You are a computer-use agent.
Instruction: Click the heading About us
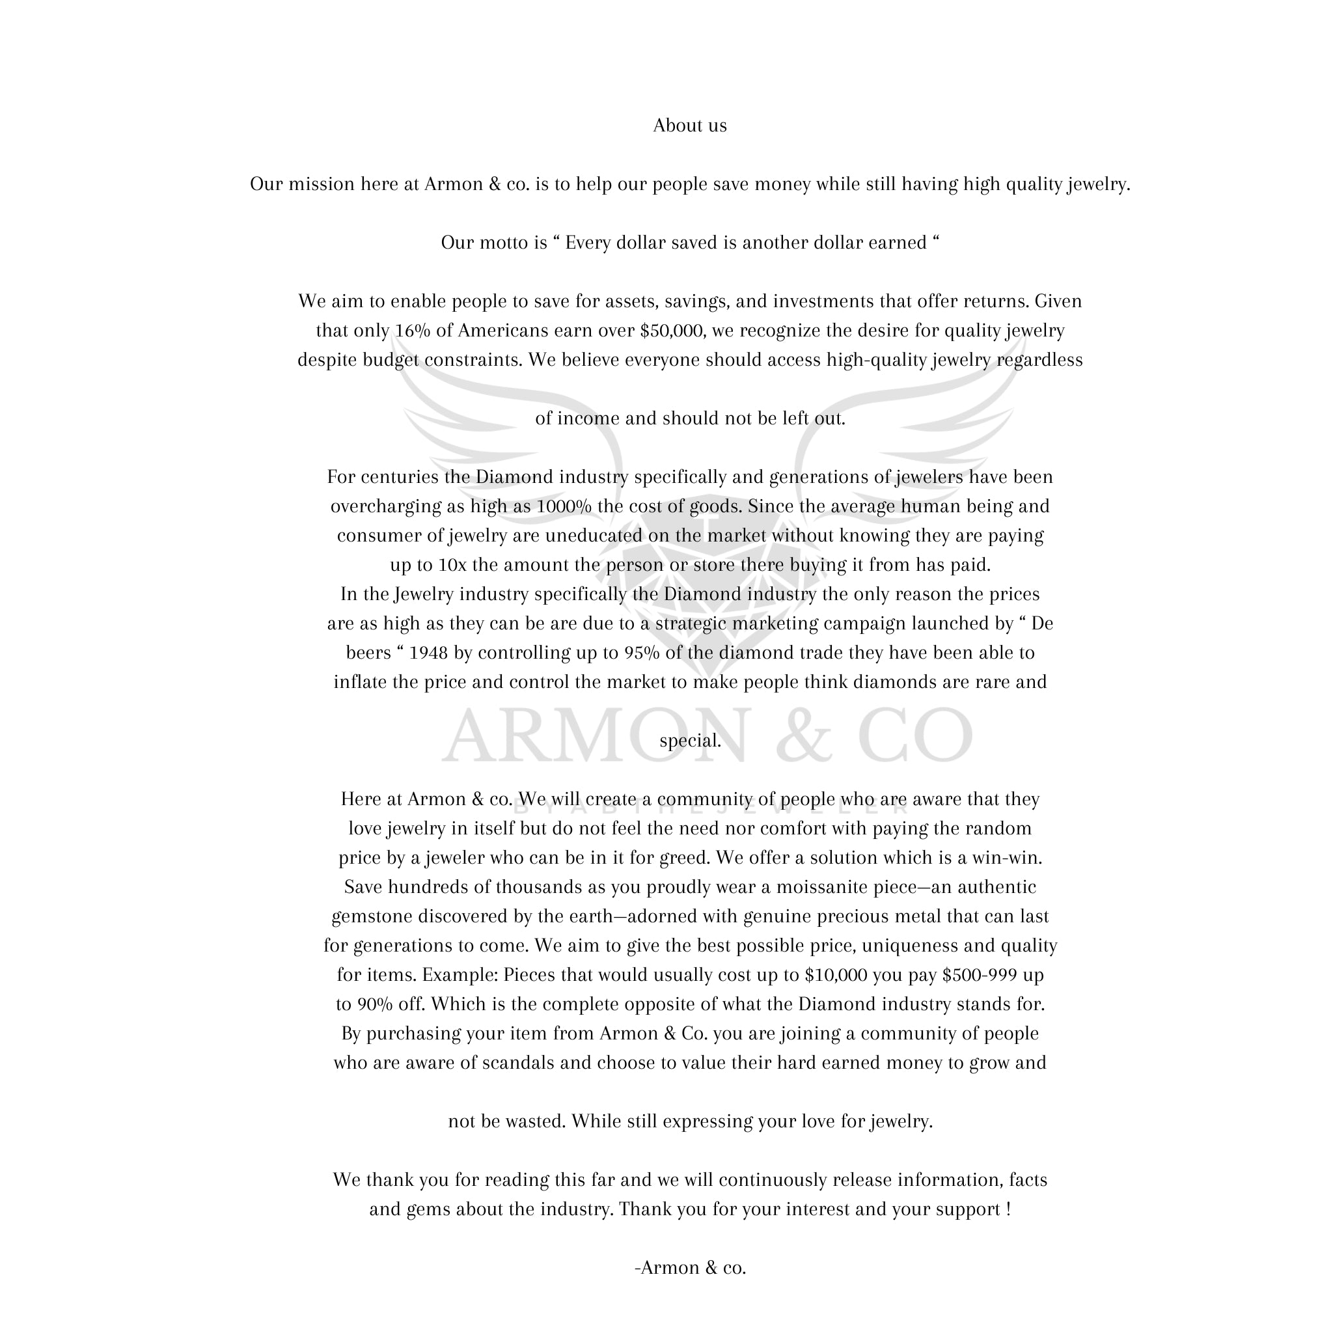click(x=689, y=126)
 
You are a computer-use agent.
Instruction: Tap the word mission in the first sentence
click(x=321, y=184)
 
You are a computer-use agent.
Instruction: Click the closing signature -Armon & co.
click(x=690, y=1268)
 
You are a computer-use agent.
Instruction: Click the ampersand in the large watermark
click(x=804, y=735)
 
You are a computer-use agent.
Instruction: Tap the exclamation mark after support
click(x=1008, y=1209)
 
